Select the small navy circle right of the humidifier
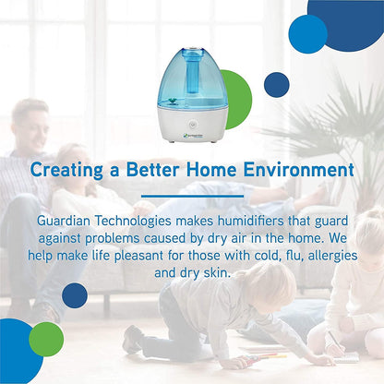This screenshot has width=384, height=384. click(x=276, y=85)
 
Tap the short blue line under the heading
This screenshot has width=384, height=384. click(x=191, y=196)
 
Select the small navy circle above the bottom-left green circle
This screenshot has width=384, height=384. click(x=74, y=295)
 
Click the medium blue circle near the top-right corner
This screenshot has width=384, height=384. click(x=307, y=33)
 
